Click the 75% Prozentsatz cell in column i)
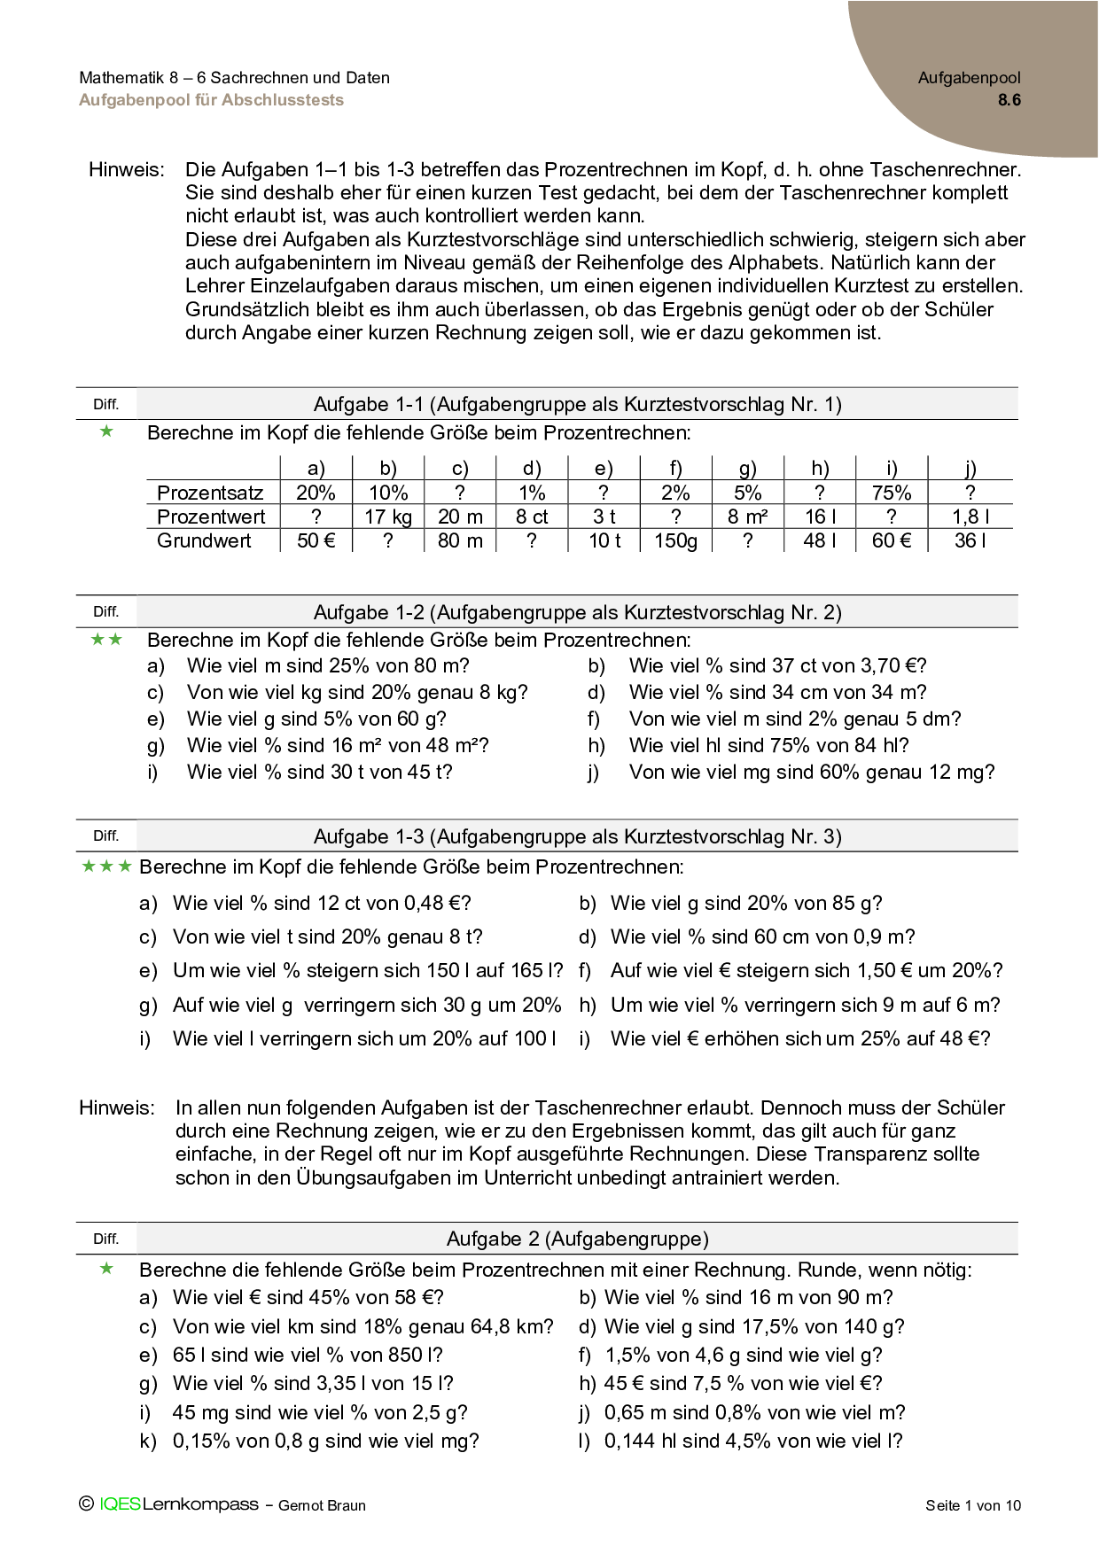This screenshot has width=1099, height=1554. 891,493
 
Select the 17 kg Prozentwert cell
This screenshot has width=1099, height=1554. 388,517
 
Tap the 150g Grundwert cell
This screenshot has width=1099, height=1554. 675,540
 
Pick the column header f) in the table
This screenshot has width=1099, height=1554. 675,469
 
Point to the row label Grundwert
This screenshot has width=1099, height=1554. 204,540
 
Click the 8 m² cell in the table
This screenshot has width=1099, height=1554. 747,517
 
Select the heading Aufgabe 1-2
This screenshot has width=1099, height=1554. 577,612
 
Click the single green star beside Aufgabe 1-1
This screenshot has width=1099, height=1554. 107,431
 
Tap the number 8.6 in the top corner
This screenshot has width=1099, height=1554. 1009,100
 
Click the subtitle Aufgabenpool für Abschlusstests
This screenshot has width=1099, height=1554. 211,100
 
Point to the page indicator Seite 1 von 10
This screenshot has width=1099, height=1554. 973,1504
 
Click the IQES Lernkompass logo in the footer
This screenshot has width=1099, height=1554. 168,1503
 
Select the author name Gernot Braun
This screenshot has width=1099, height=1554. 322,1505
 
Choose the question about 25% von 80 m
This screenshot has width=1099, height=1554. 328,666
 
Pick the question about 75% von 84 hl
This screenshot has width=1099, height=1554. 768,746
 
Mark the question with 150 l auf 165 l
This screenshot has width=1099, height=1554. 368,971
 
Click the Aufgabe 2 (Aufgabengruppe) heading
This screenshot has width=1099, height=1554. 577,1239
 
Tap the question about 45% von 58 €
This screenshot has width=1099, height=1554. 308,1298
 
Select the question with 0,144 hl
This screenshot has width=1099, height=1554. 752,1441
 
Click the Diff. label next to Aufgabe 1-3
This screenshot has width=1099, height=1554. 105,835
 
